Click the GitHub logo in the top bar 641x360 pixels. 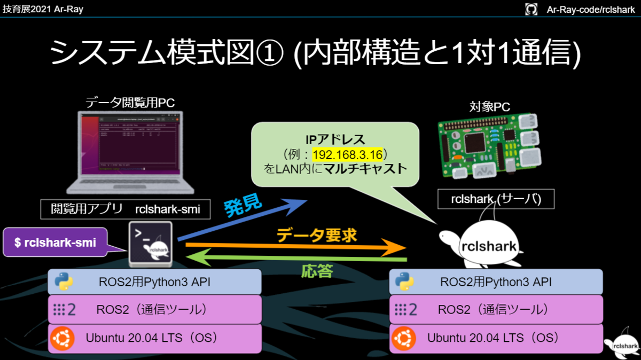point(531,9)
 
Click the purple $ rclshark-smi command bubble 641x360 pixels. point(56,242)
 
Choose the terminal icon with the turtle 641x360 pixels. point(151,244)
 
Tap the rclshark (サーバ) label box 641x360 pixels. point(496,199)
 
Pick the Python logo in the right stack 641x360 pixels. point(405,281)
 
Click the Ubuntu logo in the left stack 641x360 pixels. point(62,338)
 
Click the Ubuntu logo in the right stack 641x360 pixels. point(404,338)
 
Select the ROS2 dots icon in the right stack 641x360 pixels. point(405,310)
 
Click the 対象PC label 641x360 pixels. point(489,106)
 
